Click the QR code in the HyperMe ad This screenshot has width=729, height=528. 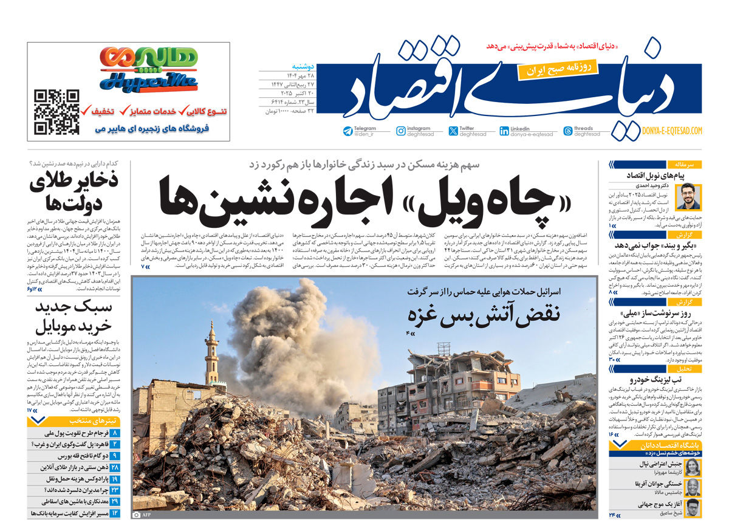[56, 112]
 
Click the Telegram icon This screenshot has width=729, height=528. [347, 131]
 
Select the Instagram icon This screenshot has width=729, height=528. [401, 131]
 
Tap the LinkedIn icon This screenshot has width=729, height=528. [504, 131]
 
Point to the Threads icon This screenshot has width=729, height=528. [568, 131]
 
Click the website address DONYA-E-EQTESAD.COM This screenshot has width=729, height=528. [671, 131]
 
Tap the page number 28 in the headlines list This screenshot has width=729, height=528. [115, 467]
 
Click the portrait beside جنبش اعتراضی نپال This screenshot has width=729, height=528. [693, 467]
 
